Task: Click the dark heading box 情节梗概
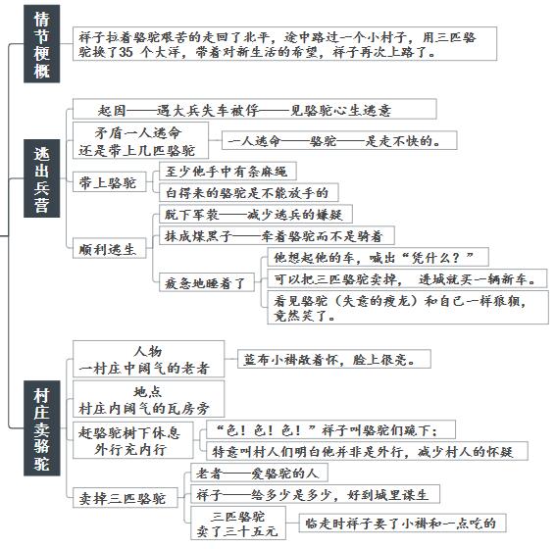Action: pos(41,44)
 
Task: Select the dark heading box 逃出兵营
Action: pos(41,178)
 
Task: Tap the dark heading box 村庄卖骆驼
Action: pos(41,428)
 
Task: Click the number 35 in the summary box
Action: pos(126,52)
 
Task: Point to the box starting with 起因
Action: pos(255,109)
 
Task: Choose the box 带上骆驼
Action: pos(110,182)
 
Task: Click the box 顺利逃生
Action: pos(110,248)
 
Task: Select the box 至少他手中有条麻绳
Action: pos(227,172)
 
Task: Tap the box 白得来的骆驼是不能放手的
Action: pos(248,192)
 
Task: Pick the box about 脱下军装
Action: pos(256,214)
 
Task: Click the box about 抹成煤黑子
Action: pos(277,235)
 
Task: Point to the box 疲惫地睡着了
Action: pos(206,282)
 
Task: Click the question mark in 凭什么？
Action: pos(456,257)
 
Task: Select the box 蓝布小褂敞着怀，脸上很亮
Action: pos(334,359)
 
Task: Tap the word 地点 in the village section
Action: pos(148,391)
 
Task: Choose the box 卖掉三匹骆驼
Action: pos(126,498)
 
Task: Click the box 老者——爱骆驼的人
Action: pos(259,473)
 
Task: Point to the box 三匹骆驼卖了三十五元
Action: pos(238,523)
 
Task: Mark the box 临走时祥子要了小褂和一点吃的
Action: pos(402,523)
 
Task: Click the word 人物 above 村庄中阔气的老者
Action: pos(148,351)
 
